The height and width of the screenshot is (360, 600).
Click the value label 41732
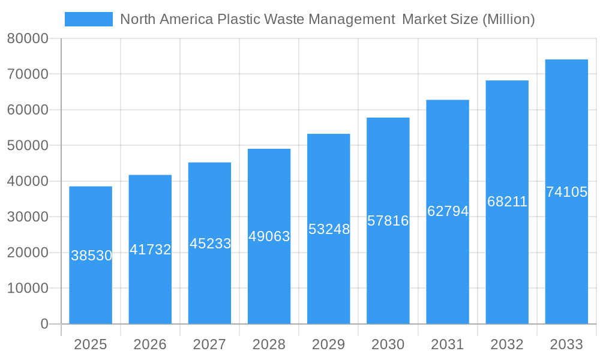pos(151,250)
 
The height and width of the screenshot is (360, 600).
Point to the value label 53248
pos(329,229)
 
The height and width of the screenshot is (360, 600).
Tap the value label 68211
pos(507,202)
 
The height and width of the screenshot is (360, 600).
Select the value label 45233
pos(210,244)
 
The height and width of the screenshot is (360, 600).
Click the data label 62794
pos(448,211)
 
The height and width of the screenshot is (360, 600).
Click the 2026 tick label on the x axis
pos(150,344)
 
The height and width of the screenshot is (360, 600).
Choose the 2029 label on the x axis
pos(329,344)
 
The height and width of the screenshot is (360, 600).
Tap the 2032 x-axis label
pos(507,344)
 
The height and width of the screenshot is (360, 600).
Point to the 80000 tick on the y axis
pos(28,39)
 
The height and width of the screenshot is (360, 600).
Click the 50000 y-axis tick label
pos(28,146)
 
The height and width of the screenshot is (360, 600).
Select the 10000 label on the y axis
pos(28,289)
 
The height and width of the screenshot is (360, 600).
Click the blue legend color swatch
pos(89,19)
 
